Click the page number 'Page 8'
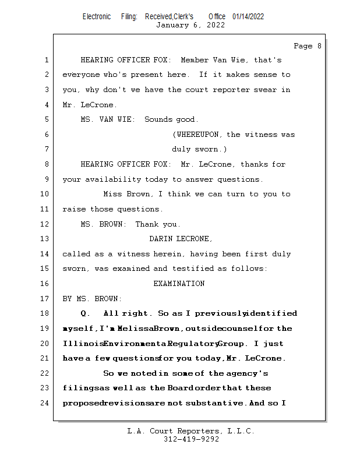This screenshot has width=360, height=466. pyautogui.click(x=307, y=46)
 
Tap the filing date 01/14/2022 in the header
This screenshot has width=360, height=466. pyautogui.click(x=248, y=16)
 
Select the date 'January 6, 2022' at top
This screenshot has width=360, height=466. pyautogui.click(x=190, y=25)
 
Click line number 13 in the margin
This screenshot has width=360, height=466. pyautogui.click(x=46, y=239)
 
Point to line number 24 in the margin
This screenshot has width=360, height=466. pyautogui.click(x=46, y=403)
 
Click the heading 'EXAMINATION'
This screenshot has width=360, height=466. pyautogui.click(x=179, y=284)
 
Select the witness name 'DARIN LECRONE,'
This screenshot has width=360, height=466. pyautogui.click(x=181, y=239)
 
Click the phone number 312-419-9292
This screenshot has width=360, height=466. pyautogui.click(x=191, y=439)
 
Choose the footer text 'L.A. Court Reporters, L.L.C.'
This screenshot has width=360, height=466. pyautogui.click(x=190, y=431)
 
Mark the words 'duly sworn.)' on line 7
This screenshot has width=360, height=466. pyautogui.click(x=195, y=149)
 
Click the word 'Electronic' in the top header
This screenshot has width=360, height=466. pyautogui.click(x=97, y=16)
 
